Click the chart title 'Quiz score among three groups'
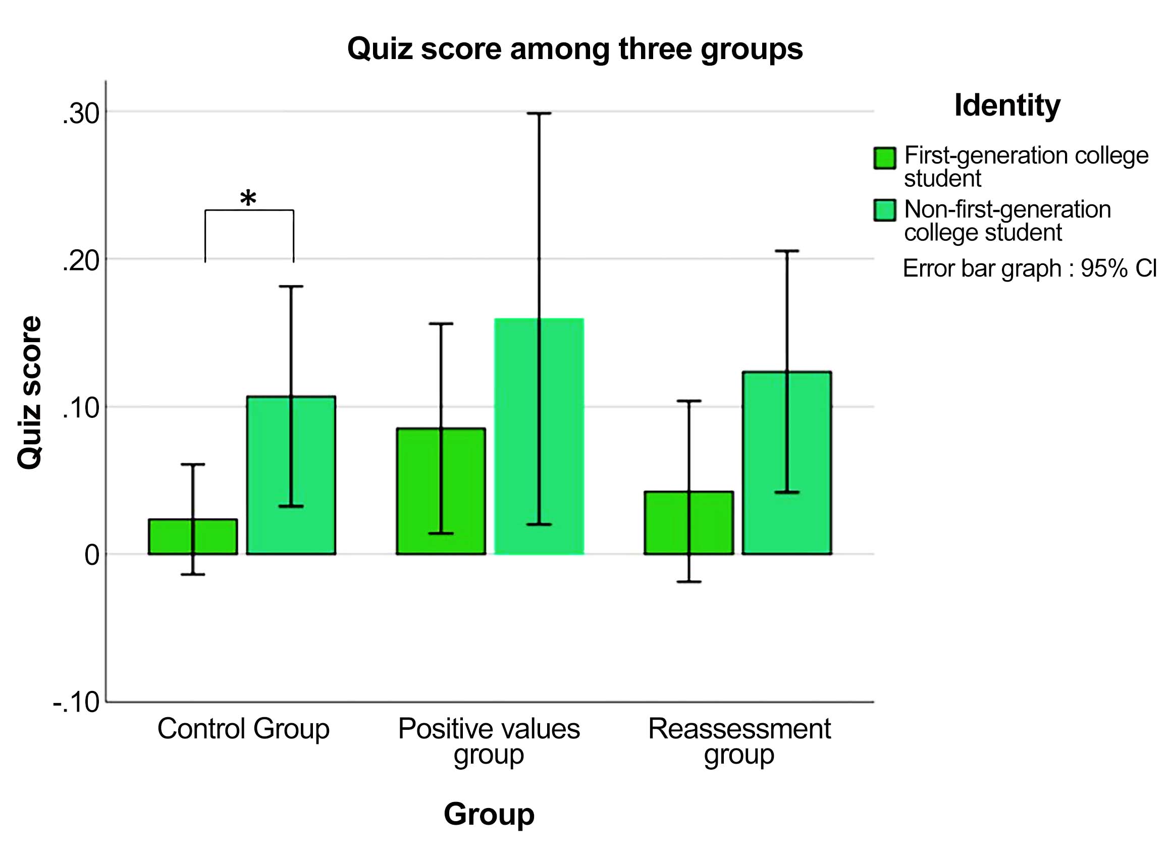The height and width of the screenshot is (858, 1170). click(574, 49)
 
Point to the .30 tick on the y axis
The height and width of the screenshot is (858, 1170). click(81, 114)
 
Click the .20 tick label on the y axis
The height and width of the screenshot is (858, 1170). click(81, 261)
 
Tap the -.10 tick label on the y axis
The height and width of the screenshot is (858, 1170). click(76, 702)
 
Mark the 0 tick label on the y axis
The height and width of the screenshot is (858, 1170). click(92, 555)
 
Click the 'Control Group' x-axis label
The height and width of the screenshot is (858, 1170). click(243, 729)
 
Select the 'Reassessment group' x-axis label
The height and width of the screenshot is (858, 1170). click(739, 741)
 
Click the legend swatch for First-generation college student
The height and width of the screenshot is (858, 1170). click(884, 158)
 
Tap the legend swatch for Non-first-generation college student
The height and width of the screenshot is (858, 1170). click(884, 210)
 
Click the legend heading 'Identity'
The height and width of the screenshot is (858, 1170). click(1007, 105)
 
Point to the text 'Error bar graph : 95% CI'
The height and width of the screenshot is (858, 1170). click(1029, 269)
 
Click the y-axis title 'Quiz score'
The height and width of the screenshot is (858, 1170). click(30, 393)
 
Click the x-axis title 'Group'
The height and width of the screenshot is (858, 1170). click(489, 814)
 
